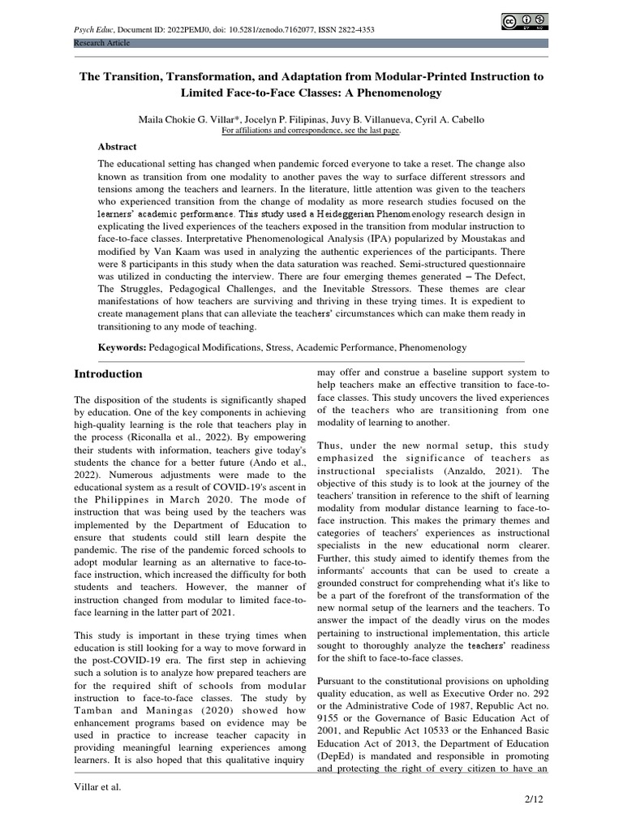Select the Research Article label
click(101, 42)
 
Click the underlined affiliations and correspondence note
click(311, 130)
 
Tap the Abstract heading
click(118, 147)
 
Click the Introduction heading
click(109, 374)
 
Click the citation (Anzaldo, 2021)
click(411, 471)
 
